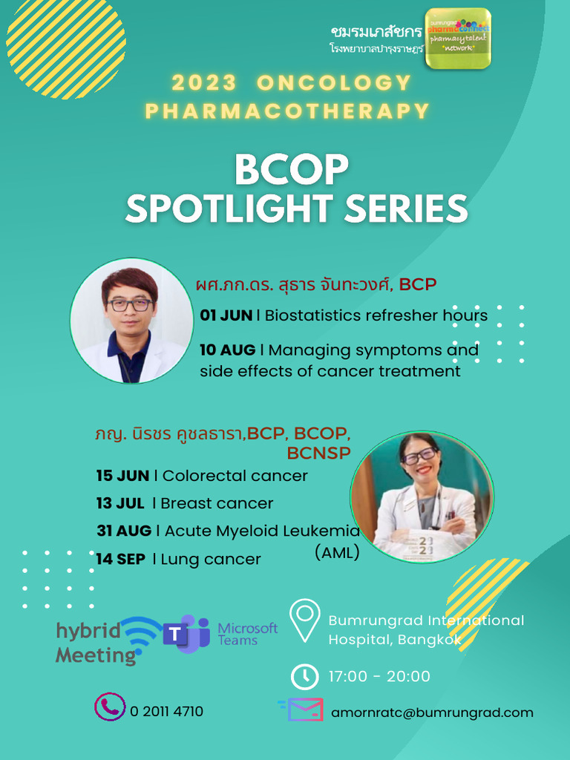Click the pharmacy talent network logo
point(457,38)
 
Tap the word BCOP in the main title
point(291,171)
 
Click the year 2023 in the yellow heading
point(205,82)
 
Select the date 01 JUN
point(226,315)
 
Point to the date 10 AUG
point(227,350)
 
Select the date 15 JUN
point(122,476)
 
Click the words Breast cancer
point(217,503)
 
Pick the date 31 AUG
point(123,531)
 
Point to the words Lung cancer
point(211,559)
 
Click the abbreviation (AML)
point(337,553)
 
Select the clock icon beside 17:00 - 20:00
point(304,676)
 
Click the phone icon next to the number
point(109,707)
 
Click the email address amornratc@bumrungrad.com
point(432,712)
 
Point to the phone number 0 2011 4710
point(166,712)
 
